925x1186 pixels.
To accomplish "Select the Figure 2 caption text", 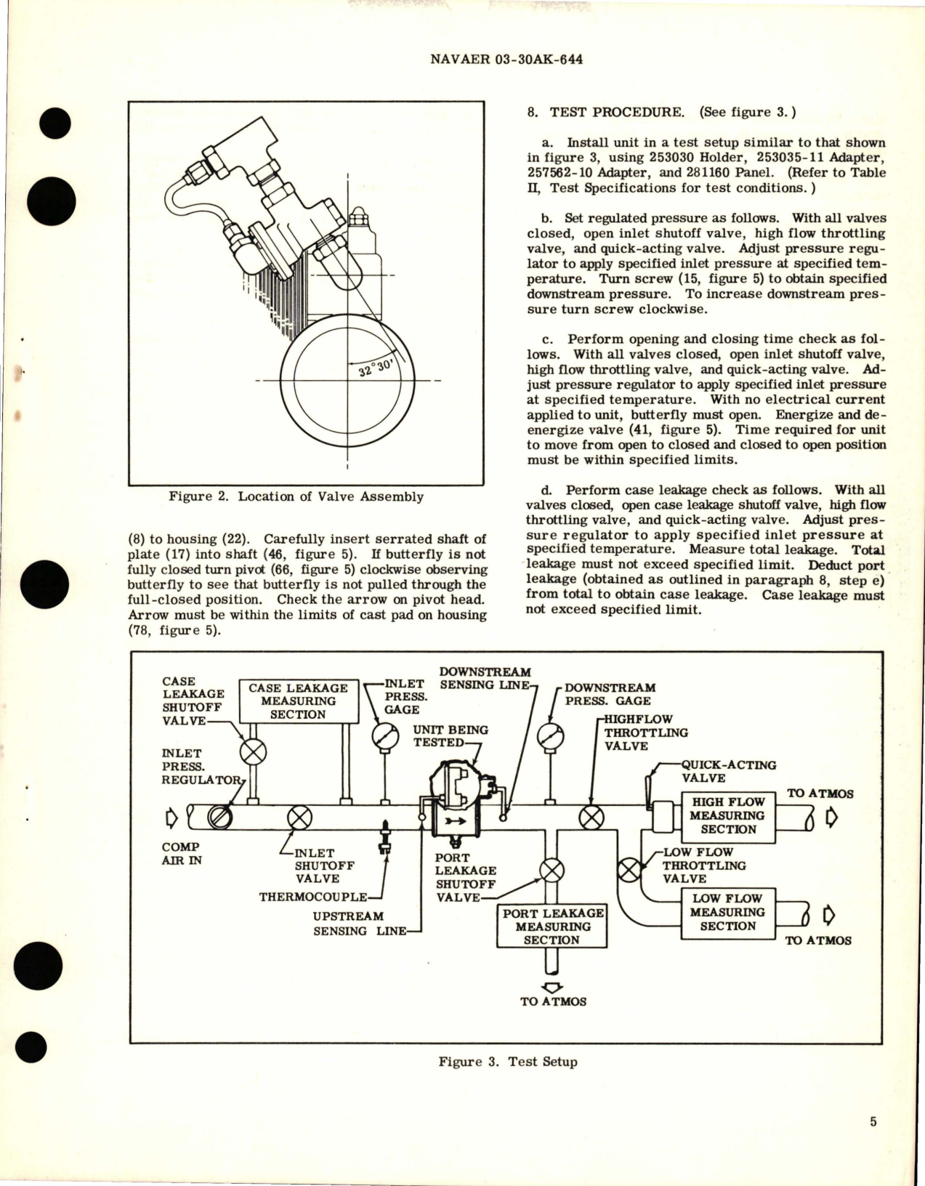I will pyautogui.click(x=296, y=497).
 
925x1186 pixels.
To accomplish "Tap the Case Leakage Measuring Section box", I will pyautogui.click(x=298, y=701).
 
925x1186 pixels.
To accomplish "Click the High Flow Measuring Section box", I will pyautogui.click(x=727, y=815).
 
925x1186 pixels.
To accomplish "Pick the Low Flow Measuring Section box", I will pyautogui.click(x=727, y=913).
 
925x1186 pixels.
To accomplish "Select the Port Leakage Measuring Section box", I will pyautogui.click(x=552, y=927).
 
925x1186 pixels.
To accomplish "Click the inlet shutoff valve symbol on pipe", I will pyautogui.click(x=299, y=818).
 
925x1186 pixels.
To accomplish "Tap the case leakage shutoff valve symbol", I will pyautogui.click(x=254, y=751).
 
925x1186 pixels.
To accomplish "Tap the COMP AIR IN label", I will pyautogui.click(x=181, y=854).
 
